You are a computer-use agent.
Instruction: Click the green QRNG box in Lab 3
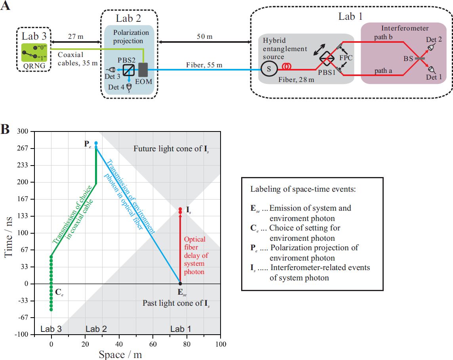coord(34,52)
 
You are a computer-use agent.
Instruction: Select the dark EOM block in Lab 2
coord(143,70)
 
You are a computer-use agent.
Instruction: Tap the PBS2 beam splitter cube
coord(129,70)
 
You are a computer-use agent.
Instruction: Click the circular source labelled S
coord(269,69)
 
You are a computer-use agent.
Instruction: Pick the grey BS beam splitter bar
coord(419,58)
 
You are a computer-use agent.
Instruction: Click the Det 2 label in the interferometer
coord(434,40)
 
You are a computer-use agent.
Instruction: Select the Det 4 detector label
coord(116,87)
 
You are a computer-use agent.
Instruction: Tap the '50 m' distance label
coord(205,37)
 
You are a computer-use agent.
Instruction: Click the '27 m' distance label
coord(76,37)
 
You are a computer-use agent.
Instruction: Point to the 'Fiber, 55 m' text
coord(204,65)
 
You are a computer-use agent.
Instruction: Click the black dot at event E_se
coord(180,284)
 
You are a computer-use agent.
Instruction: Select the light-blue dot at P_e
coord(96,143)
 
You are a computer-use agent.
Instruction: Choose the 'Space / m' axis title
coord(120,354)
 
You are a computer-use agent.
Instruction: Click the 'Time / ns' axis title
coord(8,237)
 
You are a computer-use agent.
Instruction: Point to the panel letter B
coord(5,129)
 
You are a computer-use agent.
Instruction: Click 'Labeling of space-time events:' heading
coord(303,189)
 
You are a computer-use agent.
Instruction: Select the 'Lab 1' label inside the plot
coord(181,329)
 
